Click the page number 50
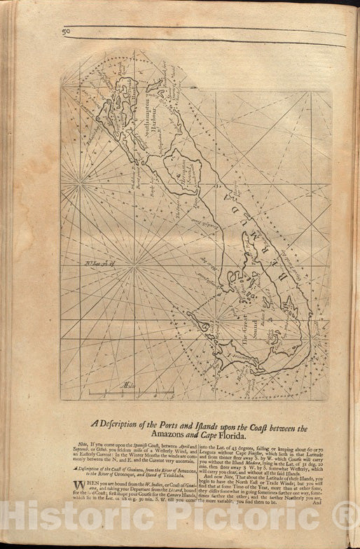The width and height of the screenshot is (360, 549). click(x=65, y=31)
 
